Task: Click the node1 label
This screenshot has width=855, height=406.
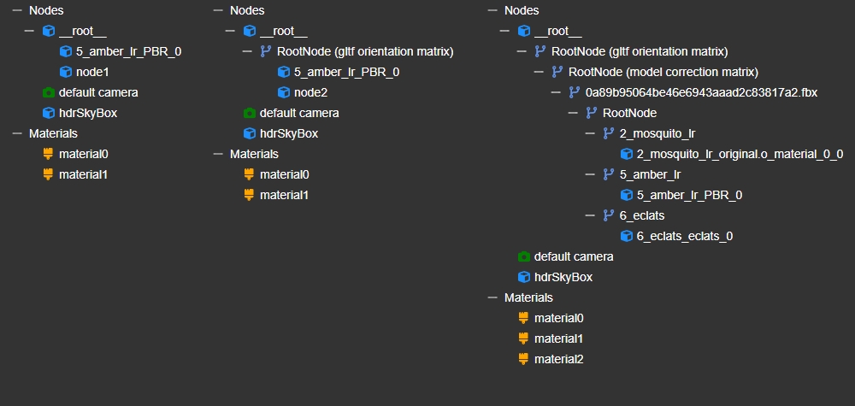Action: click(92, 72)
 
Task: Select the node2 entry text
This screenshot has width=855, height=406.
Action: click(311, 92)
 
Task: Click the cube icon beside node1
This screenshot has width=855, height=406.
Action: click(66, 72)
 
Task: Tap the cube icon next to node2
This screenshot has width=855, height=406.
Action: click(284, 92)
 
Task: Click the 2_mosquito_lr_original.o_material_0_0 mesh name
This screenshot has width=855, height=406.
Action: click(740, 154)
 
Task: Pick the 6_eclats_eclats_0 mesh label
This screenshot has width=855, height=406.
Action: click(684, 236)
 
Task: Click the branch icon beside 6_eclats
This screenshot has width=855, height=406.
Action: click(609, 215)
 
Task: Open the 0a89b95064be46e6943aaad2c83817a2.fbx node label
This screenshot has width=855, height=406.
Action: click(701, 92)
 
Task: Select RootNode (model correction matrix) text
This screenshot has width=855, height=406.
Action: click(663, 72)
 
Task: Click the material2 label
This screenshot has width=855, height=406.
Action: click(559, 359)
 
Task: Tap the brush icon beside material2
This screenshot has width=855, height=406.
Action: click(523, 359)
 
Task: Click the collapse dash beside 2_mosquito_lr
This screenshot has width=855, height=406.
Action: click(590, 133)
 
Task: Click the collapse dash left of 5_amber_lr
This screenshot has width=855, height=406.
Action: click(590, 174)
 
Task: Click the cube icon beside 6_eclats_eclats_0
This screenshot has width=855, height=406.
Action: click(627, 236)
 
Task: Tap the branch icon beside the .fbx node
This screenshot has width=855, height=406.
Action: click(575, 92)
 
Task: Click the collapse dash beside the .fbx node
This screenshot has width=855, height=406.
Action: click(556, 92)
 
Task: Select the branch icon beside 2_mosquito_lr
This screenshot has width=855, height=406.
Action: click(609, 133)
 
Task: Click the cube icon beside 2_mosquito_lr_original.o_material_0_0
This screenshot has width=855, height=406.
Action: click(627, 154)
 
